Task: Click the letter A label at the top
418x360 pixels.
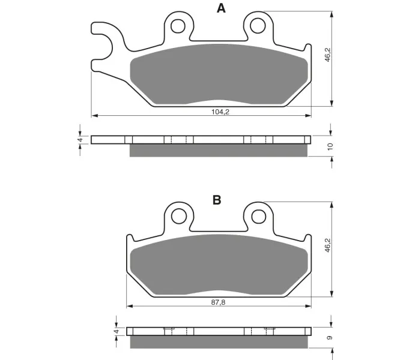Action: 221,8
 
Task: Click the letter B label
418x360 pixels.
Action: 217,200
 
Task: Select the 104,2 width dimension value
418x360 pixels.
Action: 220,112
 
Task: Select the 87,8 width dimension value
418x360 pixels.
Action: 219,302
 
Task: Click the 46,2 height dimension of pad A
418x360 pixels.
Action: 328,55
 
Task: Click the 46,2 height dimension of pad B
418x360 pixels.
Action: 328,245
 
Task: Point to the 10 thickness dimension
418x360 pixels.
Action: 330,146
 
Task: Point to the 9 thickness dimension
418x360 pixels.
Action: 330,338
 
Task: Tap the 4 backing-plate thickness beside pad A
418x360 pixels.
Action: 80,140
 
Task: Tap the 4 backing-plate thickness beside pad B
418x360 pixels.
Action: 117,331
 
